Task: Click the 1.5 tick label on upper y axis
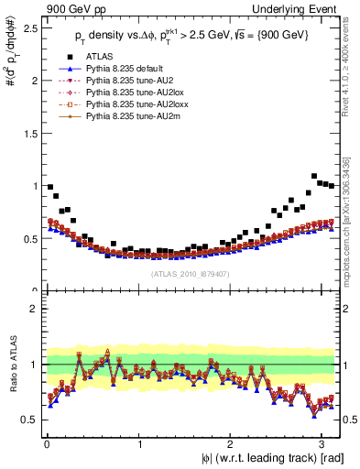30,133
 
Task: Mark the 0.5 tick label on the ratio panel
30,420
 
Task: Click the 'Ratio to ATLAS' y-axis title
11,365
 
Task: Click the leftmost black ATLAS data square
49,186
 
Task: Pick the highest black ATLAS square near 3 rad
314,176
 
